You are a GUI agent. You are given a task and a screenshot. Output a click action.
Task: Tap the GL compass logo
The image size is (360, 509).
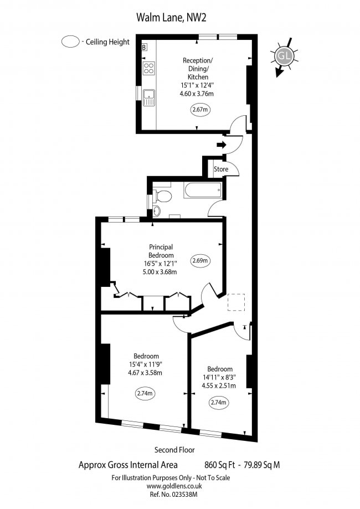click(284, 56)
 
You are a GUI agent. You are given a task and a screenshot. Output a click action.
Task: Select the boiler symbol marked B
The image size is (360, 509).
click(145, 48)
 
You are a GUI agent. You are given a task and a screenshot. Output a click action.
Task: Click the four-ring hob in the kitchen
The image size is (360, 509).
click(149, 68)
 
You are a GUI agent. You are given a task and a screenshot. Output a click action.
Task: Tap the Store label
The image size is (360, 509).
click(222, 169)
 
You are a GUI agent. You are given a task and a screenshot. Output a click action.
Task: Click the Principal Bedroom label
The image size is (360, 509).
click(161, 251)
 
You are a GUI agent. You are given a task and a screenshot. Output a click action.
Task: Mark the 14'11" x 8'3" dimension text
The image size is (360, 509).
click(220, 378)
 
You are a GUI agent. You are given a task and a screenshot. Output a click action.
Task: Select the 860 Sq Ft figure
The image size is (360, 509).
click(215, 465)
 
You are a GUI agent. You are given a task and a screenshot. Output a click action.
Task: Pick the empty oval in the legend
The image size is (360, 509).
click(70, 42)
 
